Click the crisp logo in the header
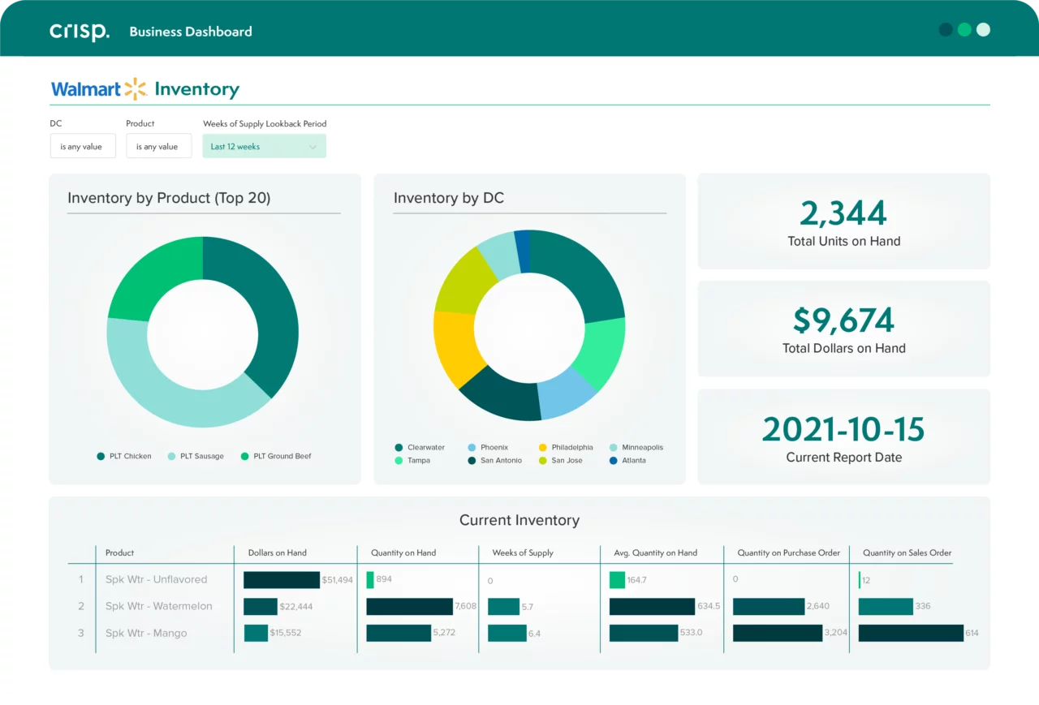[x=79, y=32]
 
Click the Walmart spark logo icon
[x=136, y=89]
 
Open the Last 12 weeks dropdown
[x=264, y=147]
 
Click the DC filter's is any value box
[x=82, y=147]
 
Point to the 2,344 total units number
[x=843, y=213]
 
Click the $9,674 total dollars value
[x=843, y=320]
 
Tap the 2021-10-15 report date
[x=843, y=429]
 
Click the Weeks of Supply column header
[x=523, y=552]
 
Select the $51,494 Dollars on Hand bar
[x=282, y=580]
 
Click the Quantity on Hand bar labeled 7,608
[x=409, y=606]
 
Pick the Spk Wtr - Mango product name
[x=146, y=633]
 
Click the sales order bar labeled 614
[x=911, y=633]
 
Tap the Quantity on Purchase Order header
[x=788, y=552]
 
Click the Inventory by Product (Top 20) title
[x=169, y=198]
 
